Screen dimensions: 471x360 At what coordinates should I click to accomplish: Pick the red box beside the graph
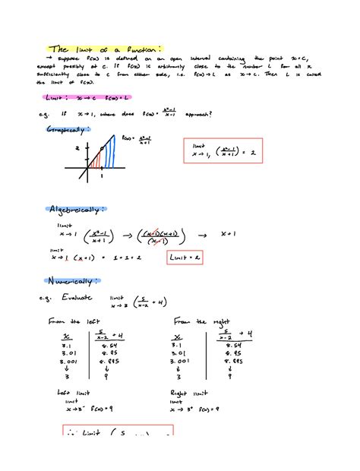[x=220, y=150]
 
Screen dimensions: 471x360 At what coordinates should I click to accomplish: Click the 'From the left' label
[x=69, y=321]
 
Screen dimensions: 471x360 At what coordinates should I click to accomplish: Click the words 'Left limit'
[x=74, y=392]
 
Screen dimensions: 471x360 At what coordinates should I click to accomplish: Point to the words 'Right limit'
[x=191, y=392]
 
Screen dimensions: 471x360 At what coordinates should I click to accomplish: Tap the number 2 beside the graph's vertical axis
[x=77, y=149]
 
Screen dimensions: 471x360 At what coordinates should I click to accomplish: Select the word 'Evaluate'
[x=77, y=300]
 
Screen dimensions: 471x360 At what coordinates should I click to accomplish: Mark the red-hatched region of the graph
[x=95, y=160]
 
